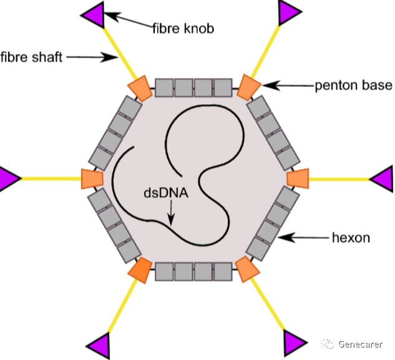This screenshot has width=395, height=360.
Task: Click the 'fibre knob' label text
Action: pyautogui.click(x=183, y=29)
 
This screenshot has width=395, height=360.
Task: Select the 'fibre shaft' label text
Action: pyautogui.click(x=31, y=57)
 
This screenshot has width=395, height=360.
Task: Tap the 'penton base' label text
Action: pyautogui.click(x=353, y=85)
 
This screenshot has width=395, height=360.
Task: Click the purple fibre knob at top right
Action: pyautogui.click(x=290, y=12)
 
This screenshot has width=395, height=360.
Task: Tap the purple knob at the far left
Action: pyautogui.click(x=7, y=178)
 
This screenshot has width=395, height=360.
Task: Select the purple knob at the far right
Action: pyautogui.click(x=384, y=179)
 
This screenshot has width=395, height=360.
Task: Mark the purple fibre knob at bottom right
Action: pyautogui.click(x=294, y=343)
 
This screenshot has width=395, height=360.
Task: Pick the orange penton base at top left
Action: pyautogui.click(x=139, y=89)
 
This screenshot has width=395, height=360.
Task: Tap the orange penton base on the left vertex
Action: pyautogui.click(x=92, y=178)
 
